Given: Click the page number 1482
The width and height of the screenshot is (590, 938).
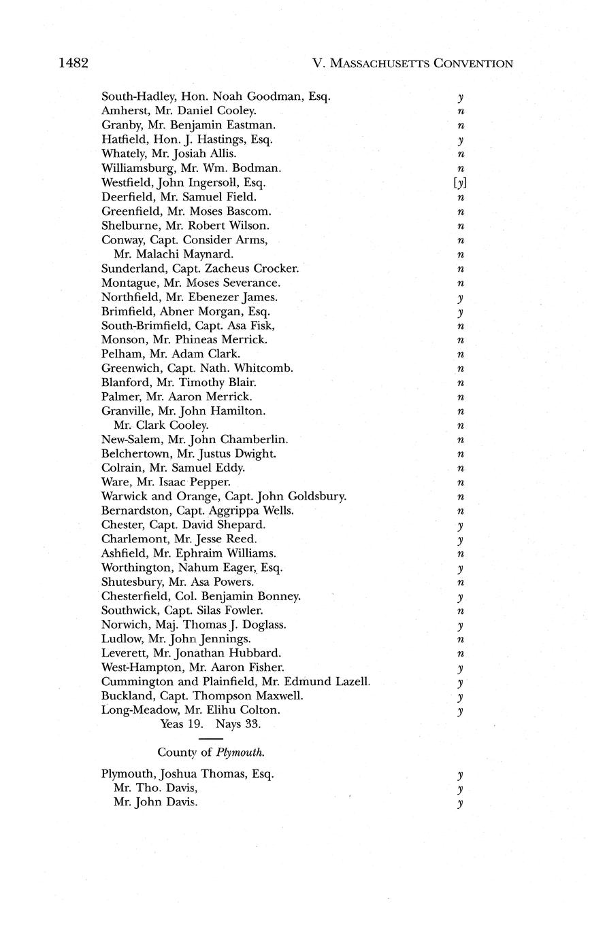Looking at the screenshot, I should tap(73, 63).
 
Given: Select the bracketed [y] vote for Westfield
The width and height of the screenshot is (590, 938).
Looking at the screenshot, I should tap(461, 183).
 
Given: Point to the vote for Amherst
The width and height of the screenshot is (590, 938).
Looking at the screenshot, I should tap(461, 111).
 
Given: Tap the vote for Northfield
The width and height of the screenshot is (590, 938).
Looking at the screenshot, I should tap(461, 298).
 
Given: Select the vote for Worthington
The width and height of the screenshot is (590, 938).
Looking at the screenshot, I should tap(461, 568).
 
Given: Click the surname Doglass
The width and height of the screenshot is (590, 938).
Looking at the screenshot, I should tap(262, 624).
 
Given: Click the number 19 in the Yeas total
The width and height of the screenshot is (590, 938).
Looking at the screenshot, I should tap(197, 724).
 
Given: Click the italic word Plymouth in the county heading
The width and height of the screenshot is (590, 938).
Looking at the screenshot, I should tap(240, 752).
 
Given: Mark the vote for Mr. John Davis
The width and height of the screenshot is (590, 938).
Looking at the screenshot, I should tap(461, 803).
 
